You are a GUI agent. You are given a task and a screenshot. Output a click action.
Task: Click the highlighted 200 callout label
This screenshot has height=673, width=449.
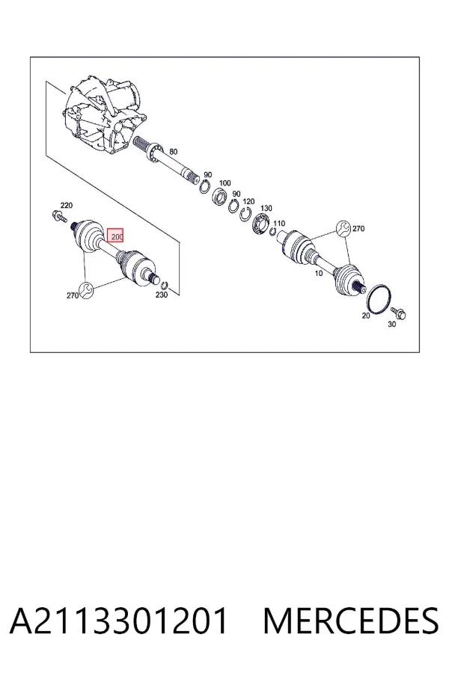point(115,236)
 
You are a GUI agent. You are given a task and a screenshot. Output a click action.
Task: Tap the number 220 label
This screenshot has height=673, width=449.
point(66,206)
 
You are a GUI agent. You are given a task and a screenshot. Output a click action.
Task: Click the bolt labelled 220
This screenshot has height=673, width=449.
point(59,216)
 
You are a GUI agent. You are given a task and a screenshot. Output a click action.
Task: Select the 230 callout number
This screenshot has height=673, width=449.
point(162,295)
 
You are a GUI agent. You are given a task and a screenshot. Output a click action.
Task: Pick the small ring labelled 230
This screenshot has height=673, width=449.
point(164,286)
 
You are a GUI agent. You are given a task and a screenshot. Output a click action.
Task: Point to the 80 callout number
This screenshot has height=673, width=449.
point(173,152)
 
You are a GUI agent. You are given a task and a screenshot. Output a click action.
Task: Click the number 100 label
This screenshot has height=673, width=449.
point(224,183)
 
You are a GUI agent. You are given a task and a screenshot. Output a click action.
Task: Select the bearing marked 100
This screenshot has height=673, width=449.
point(220,195)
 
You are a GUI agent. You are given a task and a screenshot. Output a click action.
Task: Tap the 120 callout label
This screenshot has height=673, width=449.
point(248,201)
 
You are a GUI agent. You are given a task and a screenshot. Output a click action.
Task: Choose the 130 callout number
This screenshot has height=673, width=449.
point(266,208)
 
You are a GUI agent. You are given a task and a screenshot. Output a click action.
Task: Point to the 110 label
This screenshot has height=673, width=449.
point(279,223)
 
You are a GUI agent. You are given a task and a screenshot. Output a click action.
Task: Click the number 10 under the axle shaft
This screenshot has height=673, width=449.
point(318,273)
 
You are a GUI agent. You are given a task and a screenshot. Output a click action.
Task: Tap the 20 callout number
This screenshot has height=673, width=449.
point(366,316)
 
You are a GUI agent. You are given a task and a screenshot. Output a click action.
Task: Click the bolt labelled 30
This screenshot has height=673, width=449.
point(398,314)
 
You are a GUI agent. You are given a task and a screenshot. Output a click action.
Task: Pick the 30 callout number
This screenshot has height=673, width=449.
point(392,325)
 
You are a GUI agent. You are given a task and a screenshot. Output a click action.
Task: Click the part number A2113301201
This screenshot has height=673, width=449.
point(118,621)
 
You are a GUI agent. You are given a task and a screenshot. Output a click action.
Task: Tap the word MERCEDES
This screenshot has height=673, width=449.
point(351,621)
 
